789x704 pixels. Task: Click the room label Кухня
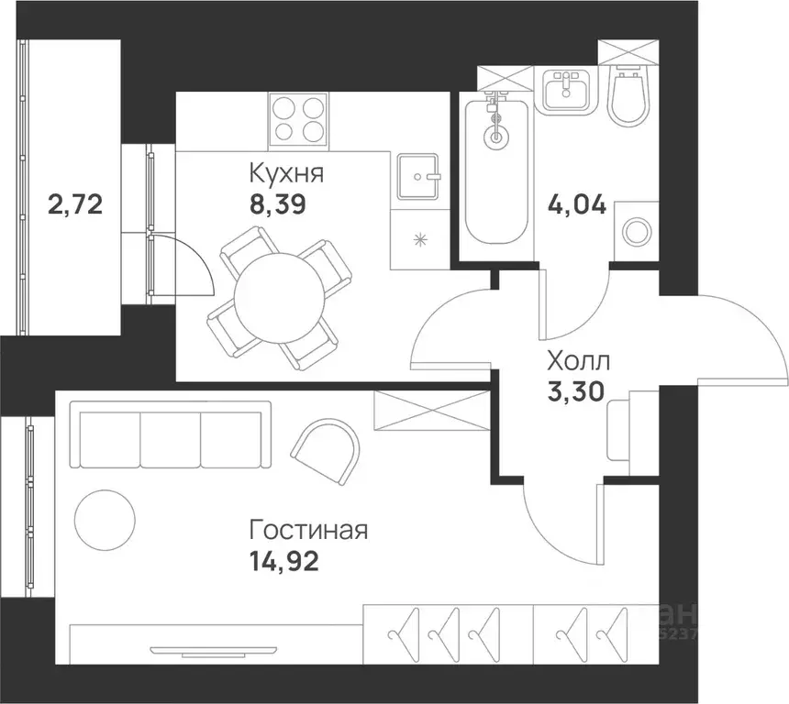pos(286,172)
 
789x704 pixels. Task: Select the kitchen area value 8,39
pos(279,203)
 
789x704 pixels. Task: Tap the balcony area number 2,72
pos(74,203)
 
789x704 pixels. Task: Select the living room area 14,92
pos(284,561)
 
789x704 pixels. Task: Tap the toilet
pos(628,95)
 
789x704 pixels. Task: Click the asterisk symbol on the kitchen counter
pos(420,240)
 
